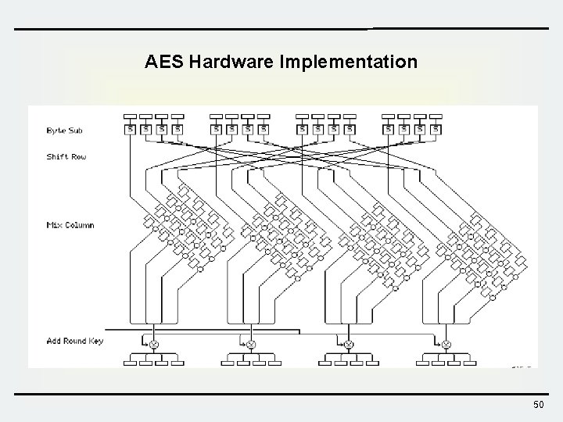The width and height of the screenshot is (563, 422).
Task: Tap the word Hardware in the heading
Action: [224, 61]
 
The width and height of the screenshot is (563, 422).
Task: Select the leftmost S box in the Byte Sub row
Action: [131, 128]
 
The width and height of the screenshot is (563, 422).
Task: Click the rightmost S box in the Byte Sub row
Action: [436, 128]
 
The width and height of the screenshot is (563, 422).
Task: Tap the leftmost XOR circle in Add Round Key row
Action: [154, 345]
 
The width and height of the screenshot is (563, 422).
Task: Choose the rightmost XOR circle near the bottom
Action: [446, 345]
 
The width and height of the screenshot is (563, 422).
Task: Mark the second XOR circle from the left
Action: [251, 345]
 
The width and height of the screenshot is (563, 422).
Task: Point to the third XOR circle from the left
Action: [349, 345]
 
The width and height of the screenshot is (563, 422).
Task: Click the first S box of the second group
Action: [217, 128]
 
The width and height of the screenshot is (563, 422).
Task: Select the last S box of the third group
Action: [350, 128]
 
